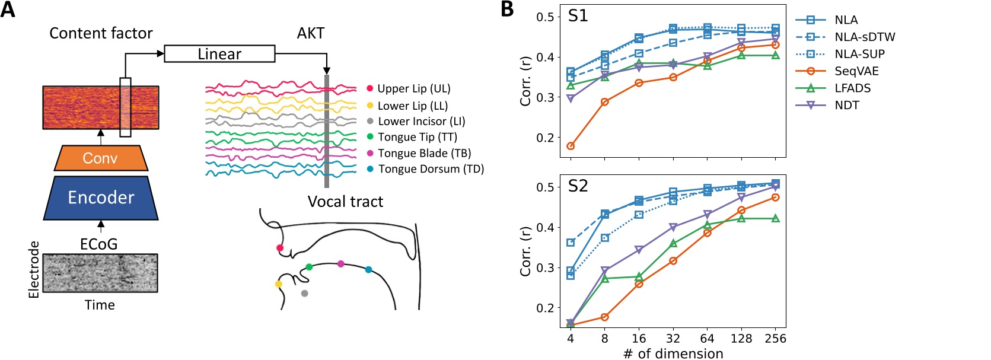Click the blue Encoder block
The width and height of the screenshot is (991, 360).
[101, 197]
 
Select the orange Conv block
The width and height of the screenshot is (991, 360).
[100, 158]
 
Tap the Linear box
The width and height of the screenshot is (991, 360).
[219, 54]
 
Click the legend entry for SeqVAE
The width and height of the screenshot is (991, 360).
[856, 71]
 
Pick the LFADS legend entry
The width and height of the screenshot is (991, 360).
[852, 88]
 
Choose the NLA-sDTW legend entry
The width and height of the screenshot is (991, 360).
[864, 37]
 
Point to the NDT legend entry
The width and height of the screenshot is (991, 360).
[846, 106]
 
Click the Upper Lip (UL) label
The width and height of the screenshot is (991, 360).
[413, 89]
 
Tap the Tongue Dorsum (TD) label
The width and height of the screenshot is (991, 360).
[431, 169]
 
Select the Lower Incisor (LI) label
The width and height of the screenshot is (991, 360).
[421, 121]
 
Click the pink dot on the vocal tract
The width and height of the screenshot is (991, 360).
[340, 264]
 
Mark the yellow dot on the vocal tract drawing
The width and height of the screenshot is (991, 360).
[278, 284]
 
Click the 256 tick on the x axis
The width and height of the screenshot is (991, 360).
[775, 339]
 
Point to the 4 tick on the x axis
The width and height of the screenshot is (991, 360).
[571, 339]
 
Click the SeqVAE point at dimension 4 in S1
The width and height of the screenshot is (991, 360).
[571, 146]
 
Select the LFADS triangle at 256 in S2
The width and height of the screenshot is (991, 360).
[775, 218]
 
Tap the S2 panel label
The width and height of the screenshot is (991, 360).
[578, 186]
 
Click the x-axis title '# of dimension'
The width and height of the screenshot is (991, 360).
[673, 353]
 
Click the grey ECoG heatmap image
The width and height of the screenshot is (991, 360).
[100, 273]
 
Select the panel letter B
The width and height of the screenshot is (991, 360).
[507, 9]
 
